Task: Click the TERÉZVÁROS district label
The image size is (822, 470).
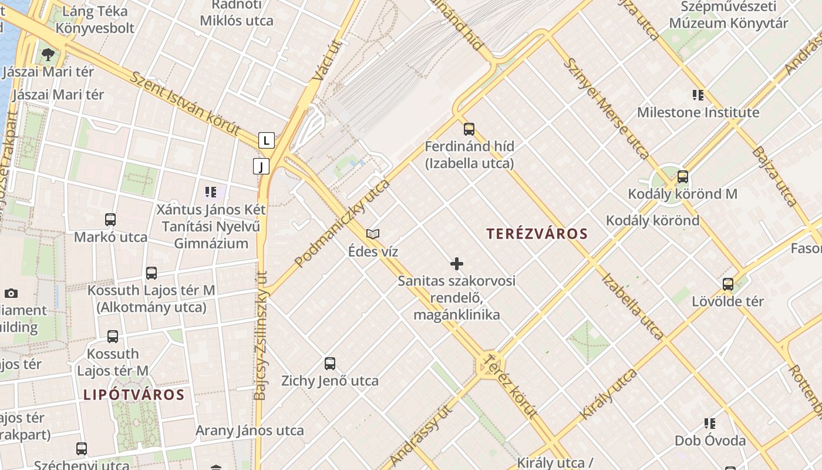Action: click(x=537, y=234)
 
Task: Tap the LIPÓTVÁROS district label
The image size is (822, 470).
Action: click(x=134, y=395)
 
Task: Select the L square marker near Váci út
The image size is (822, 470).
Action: click(x=267, y=140)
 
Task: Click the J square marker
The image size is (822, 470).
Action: click(x=261, y=166)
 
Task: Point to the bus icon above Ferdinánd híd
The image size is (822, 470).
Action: click(x=469, y=129)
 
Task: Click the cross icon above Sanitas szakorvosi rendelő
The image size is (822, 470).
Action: click(x=456, y=264)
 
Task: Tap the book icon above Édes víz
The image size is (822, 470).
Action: click(x=373, y=234)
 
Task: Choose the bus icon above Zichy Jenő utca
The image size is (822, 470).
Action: click(x=330, y=364)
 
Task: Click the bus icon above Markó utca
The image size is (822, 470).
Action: click(x=110, y=220)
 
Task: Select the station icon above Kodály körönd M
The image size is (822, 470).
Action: click(x=682, y=176)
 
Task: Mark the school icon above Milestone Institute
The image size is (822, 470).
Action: click(x=698, y=95)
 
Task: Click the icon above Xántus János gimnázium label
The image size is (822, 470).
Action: click(x=211, y=192)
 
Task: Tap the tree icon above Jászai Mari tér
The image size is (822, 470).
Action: click(x=48, y=55)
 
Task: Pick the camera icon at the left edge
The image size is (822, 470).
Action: click(x=11, y=293)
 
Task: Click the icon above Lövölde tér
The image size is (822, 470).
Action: click(x=728, y=284)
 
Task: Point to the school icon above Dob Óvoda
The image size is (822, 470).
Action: click(x=710, y=424)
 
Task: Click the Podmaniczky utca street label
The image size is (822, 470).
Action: click(x=342, y=223)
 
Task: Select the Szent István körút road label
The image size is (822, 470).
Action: click(x=186, y=104)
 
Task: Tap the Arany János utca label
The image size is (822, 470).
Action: click(x=250, y=431)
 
